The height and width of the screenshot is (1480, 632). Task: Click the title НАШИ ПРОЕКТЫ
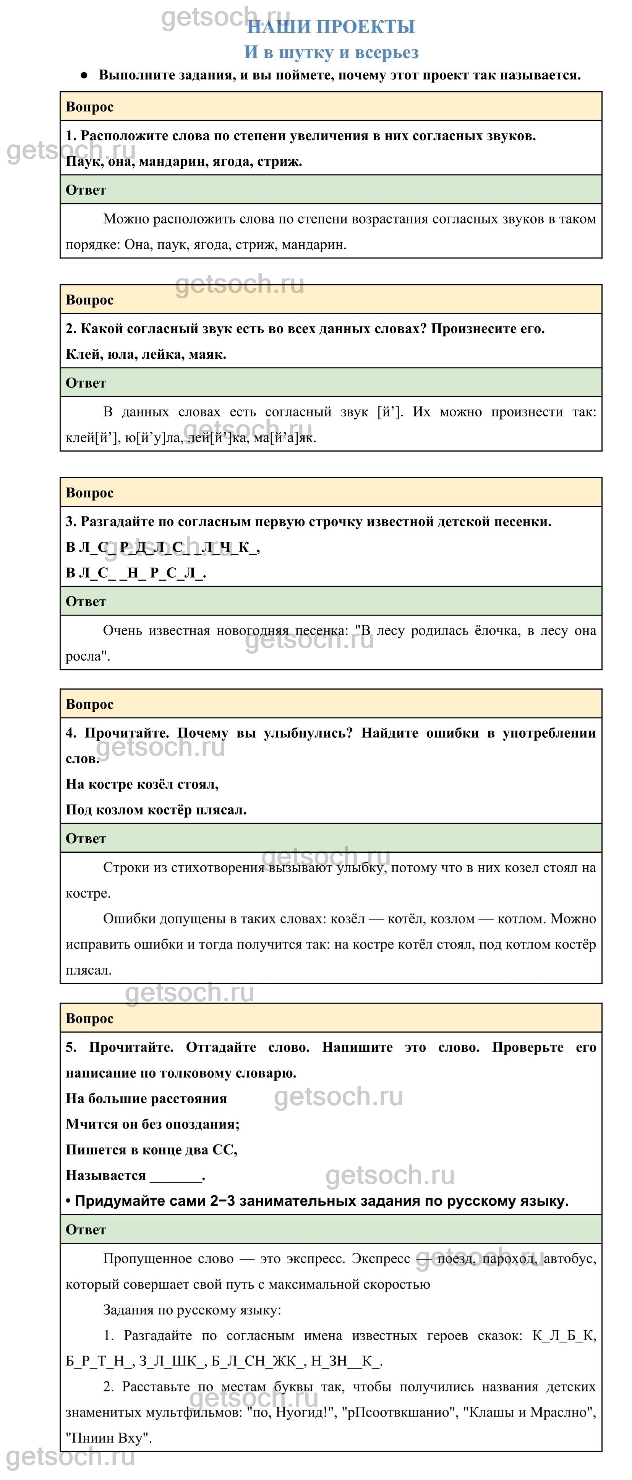tap(331, 26)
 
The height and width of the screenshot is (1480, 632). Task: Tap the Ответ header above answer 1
tap(86, 190)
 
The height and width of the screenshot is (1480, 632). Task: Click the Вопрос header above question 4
tap(90, 704)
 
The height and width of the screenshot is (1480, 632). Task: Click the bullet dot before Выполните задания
tap(84, 75)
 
